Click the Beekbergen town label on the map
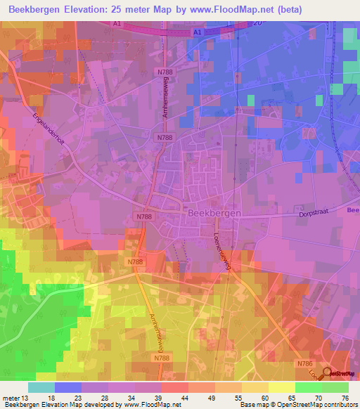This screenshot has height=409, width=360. point(214,213)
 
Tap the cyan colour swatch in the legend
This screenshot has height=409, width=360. point(41,387)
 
